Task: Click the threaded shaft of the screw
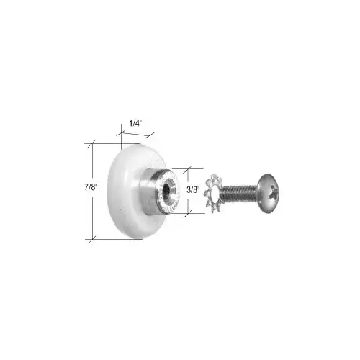pyautogui.click(x=241, y=193)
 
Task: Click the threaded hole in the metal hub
pyautogui.click(x=166, y=190)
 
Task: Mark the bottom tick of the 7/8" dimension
pyautogui.click(x=92, y=238)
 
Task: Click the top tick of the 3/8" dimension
pyautogui.click(x=186, y=169)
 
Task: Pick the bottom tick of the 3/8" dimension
pyautogui.click(x=186, y=214)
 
